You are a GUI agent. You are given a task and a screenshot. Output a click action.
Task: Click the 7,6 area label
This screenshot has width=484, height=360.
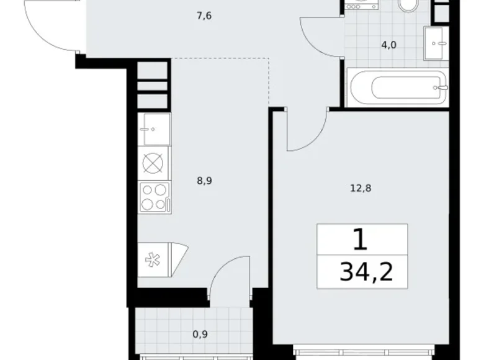(204, 16)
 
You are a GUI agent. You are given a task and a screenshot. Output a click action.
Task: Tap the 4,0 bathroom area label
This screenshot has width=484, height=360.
(389, 45)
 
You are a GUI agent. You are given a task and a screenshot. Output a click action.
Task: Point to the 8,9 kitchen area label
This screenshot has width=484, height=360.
(204, 181)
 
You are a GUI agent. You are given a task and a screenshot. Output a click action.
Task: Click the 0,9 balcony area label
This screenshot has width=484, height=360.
(200, 334)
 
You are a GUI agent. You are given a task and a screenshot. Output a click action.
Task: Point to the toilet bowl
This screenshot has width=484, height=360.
(408, 6)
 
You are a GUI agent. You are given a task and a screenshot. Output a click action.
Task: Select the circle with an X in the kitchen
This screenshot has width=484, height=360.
(153, 163)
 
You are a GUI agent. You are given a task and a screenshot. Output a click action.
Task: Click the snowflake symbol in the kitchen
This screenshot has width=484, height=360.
(152, 259)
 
